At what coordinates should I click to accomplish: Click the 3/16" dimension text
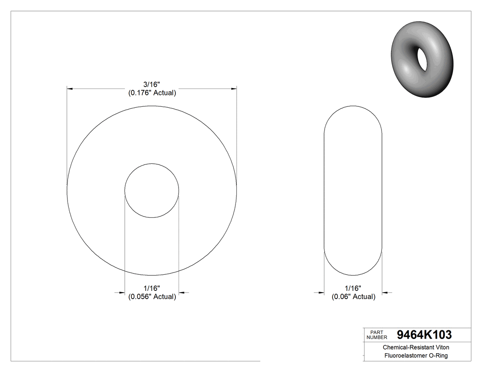click(x=151, y=84)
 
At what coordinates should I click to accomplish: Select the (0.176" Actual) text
click(x=151, y=93)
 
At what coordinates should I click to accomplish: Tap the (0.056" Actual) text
click(x=151, y=297)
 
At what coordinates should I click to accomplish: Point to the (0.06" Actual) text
click(x=353, y=297)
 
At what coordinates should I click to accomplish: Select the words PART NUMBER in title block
click(x=376, y=334)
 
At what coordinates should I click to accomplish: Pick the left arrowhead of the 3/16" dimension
click(x=70, y=88)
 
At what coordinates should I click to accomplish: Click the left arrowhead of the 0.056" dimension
click(x=122, y=292)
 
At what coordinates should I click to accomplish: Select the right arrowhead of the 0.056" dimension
click(x=182, y=292)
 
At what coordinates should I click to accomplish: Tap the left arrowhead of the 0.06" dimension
click(x=321, y=292)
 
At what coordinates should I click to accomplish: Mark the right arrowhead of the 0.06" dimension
click(x=386, y=292)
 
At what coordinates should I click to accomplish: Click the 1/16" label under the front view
click(x=151, y=289)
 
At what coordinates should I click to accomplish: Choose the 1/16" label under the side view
click(x=353, y=289)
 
